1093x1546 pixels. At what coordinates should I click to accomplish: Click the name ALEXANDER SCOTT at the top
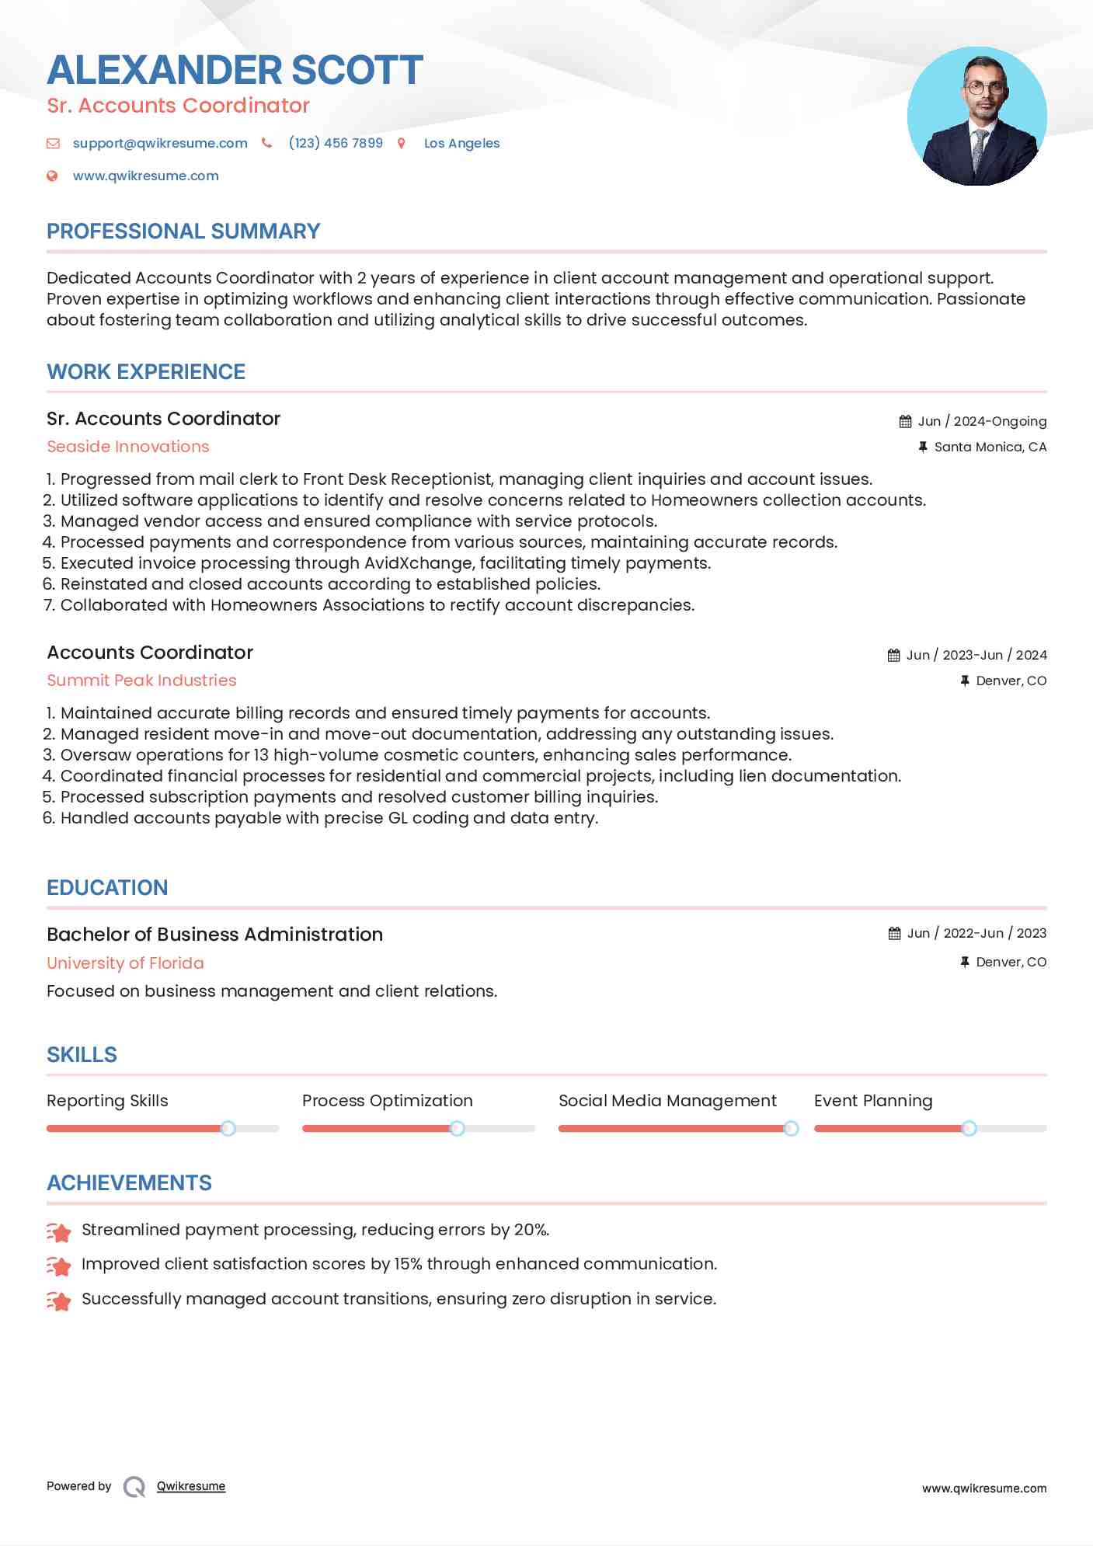235,70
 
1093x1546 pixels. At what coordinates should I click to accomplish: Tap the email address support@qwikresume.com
160,143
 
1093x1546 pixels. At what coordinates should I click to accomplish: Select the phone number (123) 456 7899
335,143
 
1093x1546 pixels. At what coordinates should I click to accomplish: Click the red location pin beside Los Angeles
402,143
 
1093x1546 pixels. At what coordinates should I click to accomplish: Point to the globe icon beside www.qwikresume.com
52,176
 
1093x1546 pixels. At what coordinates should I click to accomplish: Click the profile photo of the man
976,117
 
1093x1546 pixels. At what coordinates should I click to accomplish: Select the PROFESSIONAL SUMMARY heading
183,232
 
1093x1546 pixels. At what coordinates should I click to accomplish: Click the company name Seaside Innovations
127,447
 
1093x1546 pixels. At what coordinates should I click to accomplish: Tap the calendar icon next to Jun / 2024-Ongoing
905,421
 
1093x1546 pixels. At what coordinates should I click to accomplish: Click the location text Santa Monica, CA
990,447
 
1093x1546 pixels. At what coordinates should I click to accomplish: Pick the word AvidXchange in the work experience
419,563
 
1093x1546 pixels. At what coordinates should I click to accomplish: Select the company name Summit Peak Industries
141,681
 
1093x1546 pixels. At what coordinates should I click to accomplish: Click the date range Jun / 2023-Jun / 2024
976,655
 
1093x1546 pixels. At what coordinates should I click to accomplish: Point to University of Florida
125,963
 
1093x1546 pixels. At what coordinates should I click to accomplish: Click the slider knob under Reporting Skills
228,1128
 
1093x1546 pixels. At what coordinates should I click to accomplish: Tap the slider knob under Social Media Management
791,1128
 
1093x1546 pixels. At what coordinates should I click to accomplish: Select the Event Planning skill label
872,1101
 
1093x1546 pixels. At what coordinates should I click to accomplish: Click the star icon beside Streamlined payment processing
59,1231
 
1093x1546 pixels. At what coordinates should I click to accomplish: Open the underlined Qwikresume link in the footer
191,1486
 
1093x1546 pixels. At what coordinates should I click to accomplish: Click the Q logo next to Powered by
134,1487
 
